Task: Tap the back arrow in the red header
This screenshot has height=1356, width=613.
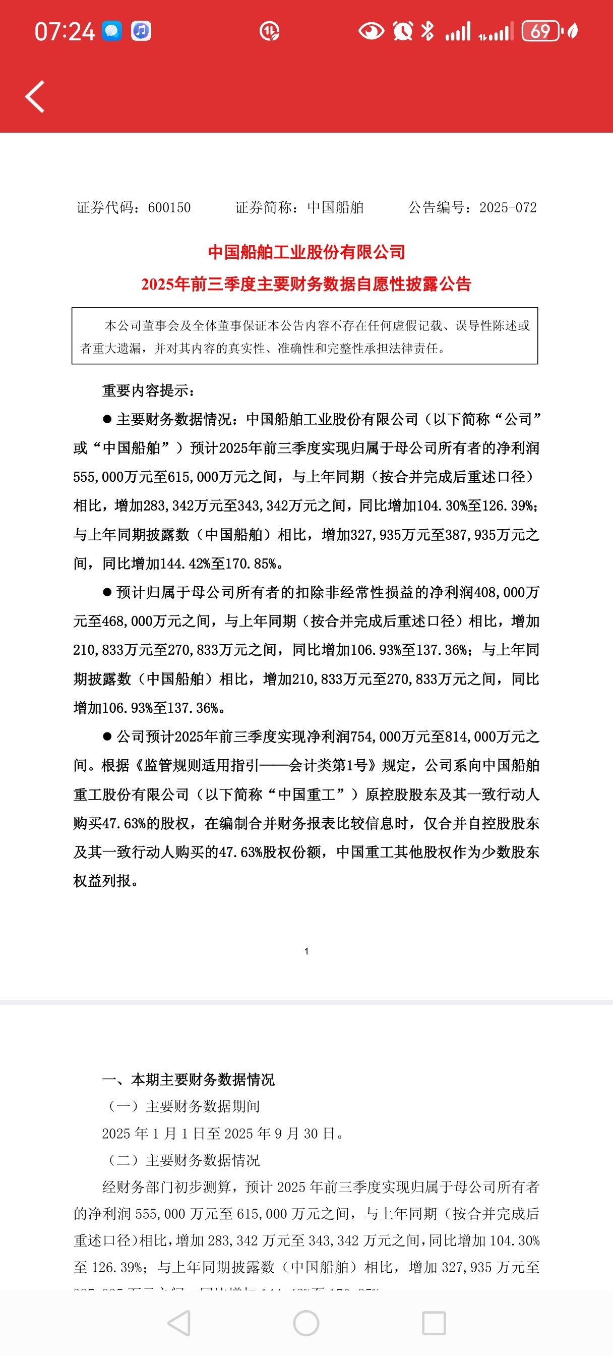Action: pyautogui.click(x=35, y=97)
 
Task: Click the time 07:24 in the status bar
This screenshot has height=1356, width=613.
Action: pyautogui.click(x=64, y=32)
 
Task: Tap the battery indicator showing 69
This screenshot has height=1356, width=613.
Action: pyautogui.click(x=540, y=32)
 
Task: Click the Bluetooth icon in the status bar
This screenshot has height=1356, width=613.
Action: pyautogui.click(x=427, y=31)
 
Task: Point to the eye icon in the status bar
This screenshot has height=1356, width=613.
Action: pyautogui.click(x=371, y=31)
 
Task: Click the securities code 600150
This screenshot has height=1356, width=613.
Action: pyautogui.click(x=169, y=208)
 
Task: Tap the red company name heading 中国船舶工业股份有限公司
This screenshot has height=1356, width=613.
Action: pyautogui.click(x=306, y=252)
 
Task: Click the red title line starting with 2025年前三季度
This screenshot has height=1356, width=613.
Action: pyautogui.click(x=306, y=284)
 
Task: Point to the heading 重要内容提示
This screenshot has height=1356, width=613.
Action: pyautogui.click(x=148, y=390)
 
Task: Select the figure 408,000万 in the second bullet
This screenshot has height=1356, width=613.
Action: pyautogui.click(x=506, y=593)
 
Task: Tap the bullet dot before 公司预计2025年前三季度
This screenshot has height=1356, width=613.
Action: pyautogui.click(x=107, y=737)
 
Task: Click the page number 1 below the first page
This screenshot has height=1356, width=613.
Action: pyautogui.click(x=306, y=951)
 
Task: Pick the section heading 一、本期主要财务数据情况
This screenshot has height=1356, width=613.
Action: pyautogui.click(x=189, y=1080)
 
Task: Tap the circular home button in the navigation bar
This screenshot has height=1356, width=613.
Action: pyautogui.click(x=306, y=1323)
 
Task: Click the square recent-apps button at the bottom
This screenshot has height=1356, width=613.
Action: pyautogui.click(x=434, y=1323)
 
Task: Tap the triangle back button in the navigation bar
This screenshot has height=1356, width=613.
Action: pyautogui.click(x=179, y=1323)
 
